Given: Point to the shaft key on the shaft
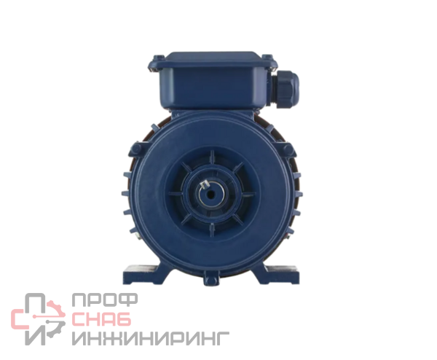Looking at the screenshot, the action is click(204, 184).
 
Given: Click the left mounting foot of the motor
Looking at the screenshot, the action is click(146, 275).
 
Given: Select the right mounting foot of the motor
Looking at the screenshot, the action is click(279, 275).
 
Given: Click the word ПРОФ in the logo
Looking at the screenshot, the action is click(105, 300).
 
